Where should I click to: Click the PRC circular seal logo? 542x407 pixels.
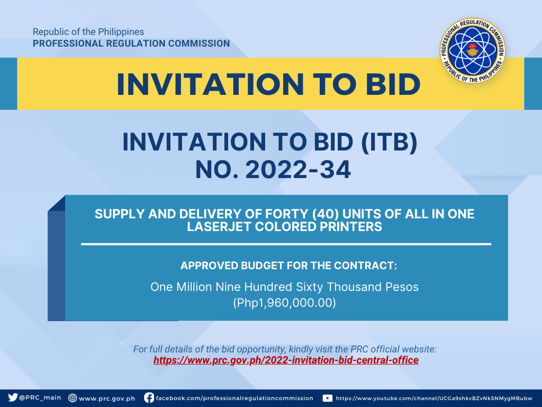click(x=473, y=50)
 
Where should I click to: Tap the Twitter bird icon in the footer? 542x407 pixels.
click(x=13, y=397)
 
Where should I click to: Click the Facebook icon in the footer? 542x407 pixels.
click(x=149, y=397)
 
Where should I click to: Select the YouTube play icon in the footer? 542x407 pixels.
click(x=327, y=398)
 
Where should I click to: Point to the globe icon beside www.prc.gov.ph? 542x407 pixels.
click(x=72, y=398)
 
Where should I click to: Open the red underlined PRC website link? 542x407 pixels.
click(x=286, y=360)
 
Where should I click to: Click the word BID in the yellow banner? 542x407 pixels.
click(x=393, y=84)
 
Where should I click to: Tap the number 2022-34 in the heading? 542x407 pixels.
click(x=299, y=170)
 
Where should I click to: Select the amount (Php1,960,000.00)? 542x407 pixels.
click(x=284, y=303)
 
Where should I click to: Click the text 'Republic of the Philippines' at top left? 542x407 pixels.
click(x=88, y=32)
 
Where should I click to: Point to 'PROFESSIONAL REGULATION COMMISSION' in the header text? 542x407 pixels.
click(x=131, y=43)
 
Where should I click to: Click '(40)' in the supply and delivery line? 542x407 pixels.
click(x=324, y=214)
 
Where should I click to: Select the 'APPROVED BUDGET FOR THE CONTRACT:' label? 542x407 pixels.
click(x=288, y=266)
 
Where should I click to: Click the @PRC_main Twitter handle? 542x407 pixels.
click(x=40, y=397)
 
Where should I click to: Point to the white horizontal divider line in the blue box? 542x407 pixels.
click(x=286, y=244)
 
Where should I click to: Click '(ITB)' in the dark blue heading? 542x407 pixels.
click(x=389, y=142)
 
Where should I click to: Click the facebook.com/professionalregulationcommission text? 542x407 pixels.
click(x=234, y=399)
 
